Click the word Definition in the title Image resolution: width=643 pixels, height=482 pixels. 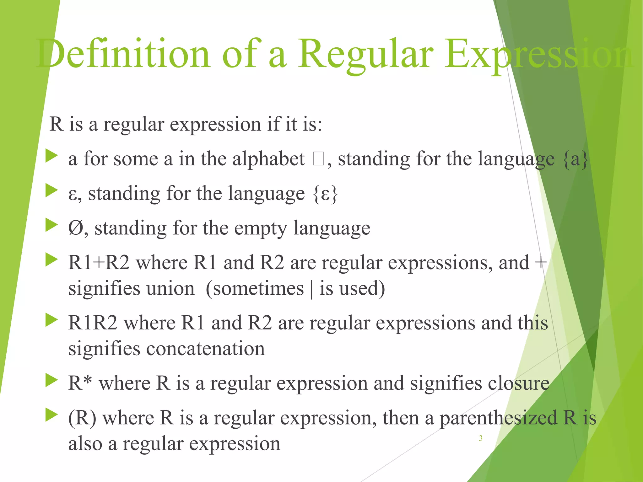[122, 53]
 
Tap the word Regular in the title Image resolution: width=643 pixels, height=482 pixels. [365, 53]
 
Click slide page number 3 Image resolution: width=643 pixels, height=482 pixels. [480, 438]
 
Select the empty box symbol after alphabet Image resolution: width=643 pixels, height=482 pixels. [318, 159]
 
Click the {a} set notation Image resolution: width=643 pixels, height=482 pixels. [575, 159]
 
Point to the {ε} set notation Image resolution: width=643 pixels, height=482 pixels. [325, 194]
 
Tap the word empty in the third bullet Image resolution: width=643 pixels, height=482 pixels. [260, 228]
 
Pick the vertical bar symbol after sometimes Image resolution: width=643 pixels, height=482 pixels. [311, 289]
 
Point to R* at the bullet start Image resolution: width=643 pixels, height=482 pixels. [80, 383]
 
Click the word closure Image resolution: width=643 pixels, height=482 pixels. [518, 383]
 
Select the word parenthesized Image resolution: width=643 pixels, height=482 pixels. [498, 418]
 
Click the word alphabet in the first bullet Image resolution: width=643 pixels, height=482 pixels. [268, 159]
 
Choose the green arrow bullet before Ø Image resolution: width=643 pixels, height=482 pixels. [51, 225]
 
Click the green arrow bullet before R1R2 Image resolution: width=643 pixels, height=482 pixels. [51, 320]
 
